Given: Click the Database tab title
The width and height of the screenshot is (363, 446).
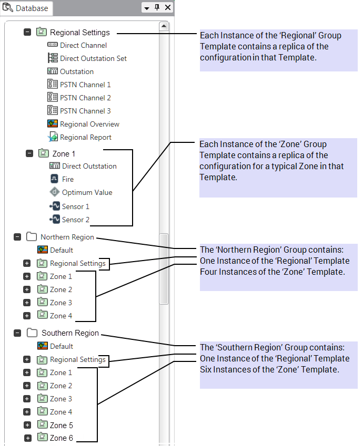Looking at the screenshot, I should (31, 8).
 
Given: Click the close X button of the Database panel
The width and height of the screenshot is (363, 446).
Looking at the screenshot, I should (168, 7).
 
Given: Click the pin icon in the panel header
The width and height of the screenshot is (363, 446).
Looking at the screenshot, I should (157, 7).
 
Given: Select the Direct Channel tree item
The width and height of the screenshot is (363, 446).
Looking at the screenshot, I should (83, 45).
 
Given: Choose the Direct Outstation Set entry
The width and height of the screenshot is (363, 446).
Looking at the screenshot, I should (93, 58).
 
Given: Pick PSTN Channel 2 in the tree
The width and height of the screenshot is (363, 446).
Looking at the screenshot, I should (85, 98).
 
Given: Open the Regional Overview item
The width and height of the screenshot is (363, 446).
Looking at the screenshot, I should (89, 124).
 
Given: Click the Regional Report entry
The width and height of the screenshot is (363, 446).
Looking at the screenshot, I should (86, 137).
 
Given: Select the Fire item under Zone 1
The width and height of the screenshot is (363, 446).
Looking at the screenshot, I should (68, 179).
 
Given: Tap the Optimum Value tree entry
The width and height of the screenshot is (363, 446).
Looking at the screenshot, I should (87, 192).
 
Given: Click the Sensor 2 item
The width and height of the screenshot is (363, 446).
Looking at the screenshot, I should (76, 220).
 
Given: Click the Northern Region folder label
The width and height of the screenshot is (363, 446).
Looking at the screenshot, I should (67, 237).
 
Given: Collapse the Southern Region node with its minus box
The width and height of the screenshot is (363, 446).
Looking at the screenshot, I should (17, 333).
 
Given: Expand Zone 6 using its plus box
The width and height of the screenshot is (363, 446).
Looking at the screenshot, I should (28, 438).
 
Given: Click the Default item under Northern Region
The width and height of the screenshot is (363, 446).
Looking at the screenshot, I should (62, 250).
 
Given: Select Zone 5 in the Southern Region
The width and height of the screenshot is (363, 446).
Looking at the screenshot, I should (61, 425).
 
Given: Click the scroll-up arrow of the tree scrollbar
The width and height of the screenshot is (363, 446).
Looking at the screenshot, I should (164, 26).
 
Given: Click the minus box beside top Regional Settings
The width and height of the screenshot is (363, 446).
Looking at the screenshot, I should (27, 32).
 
